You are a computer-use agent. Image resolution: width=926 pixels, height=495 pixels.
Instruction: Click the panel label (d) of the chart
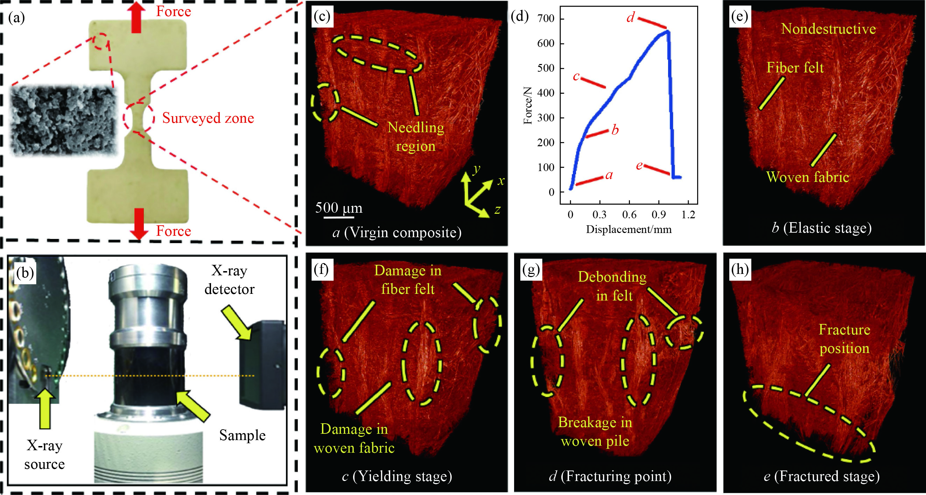point(519,16)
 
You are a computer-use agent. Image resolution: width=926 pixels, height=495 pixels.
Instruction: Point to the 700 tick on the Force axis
point(546,19)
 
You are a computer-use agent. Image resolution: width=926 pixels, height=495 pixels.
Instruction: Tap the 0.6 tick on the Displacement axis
point(629,215)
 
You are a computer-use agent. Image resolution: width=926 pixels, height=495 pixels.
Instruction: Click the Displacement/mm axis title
point(629,229)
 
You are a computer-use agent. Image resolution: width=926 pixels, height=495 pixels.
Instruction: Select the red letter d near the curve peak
point(631,17)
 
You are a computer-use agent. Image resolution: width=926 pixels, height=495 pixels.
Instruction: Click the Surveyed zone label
point(208,118)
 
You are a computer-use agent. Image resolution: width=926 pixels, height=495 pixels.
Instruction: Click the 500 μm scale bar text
point(339,208)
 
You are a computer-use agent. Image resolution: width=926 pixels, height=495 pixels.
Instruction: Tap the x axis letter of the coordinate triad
point(501,181)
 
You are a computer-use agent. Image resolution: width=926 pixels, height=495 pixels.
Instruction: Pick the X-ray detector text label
point(229,280)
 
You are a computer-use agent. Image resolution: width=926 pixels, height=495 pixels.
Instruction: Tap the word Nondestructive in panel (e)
point(828,29)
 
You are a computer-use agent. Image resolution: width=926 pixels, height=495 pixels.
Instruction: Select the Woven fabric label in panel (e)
point(807,177)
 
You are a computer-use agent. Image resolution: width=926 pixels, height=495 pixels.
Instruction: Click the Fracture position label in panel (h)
point(844,339)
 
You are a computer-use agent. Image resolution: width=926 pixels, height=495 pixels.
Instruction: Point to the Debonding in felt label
point(612,286)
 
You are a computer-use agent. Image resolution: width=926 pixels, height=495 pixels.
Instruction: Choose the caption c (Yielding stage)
point(397,476)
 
